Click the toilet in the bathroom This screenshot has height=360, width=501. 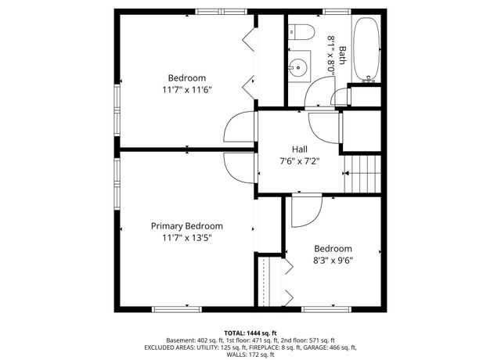click(x=301, y=32)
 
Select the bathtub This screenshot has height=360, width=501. click(x=366, y=49)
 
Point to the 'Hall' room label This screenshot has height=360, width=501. click(x=300, y=149)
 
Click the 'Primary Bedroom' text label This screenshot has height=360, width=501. click(x=187, y=225)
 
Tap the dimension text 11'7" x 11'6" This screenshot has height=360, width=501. click(x=187, y=89)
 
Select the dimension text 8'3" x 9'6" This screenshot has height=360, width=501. click(x=333, y=261)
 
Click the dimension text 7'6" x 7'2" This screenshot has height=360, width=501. click(x=300, y=161)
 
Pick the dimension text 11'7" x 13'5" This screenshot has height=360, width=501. click(x=187, y=237)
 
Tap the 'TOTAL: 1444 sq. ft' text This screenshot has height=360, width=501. click(x=250, y=332)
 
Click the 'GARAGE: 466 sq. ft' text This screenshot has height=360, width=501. click(x=330, y=347)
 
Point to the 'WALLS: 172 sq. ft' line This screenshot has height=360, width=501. click(x=250, y=355)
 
